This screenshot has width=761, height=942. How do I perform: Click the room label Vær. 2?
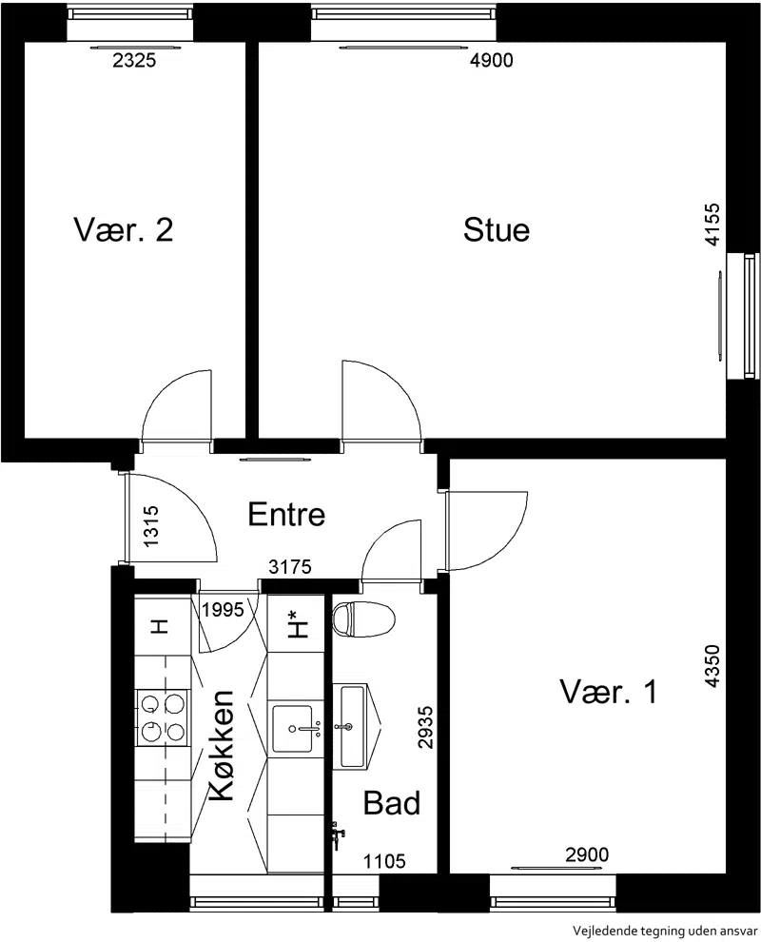point(124,229)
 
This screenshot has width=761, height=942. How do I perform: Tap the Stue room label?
point(497,229)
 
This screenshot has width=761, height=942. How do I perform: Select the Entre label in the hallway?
point(286,514)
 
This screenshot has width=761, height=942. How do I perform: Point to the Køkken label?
point(222,745)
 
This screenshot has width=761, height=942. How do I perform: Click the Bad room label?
point(392,803)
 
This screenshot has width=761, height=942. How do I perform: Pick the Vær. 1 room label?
point(609,692)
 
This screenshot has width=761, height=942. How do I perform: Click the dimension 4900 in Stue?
point(491,60)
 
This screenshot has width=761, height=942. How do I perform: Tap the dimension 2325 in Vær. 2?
point(134,60)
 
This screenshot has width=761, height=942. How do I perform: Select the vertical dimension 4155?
point(712,225)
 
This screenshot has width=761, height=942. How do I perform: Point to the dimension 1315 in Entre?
point(151,525)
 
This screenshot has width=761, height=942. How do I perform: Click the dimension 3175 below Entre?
point(290,566)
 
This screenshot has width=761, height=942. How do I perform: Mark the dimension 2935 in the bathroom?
point(425,727)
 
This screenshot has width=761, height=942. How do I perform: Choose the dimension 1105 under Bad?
point(384,861)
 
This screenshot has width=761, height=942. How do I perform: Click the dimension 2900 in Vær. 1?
point(587,854)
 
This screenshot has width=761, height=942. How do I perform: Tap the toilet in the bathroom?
point(364,619)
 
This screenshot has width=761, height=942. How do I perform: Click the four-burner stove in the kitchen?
point(163,717)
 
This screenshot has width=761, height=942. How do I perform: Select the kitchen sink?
point(293,729)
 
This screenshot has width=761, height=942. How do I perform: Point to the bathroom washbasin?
point(353,727)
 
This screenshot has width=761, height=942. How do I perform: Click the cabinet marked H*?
point(296,623)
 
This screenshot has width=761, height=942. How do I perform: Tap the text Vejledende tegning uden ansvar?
point(666,931)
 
